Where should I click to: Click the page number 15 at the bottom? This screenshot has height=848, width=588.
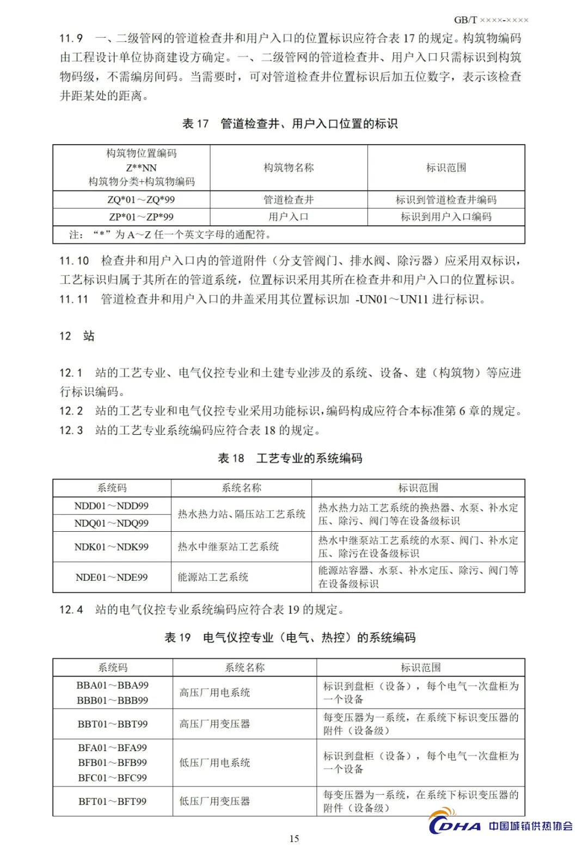click(294, 838)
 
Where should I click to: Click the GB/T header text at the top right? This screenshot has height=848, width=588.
click(491, 20)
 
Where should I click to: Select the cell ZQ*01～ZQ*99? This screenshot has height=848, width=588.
click(141, 200)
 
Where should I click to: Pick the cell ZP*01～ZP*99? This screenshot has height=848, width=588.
click(141, 217)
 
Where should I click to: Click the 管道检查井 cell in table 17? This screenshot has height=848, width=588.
click(289, 200)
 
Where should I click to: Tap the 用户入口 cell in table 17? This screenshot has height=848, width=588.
click(289, 217)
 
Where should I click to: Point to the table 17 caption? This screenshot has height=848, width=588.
click(290, 124)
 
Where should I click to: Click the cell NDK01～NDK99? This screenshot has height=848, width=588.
click(112, 547)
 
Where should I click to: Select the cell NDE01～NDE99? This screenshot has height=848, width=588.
click(112, 577)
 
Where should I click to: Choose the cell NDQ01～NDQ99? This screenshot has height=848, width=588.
click(112, 524)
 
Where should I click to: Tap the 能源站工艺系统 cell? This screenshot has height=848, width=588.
click(213, 577)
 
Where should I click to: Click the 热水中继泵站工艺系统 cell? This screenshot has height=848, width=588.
click(228, 547)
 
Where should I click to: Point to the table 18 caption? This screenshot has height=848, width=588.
click(290, 458)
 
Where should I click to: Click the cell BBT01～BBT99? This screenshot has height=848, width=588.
click(113, 724)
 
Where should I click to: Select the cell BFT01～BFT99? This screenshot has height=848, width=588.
click(113, 801)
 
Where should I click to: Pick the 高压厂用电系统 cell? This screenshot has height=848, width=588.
click(215, 693)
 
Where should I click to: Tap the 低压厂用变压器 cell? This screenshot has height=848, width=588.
click(215, 801)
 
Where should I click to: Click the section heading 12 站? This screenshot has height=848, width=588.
click(77, 336)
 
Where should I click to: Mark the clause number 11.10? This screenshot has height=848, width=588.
click(74, 261)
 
